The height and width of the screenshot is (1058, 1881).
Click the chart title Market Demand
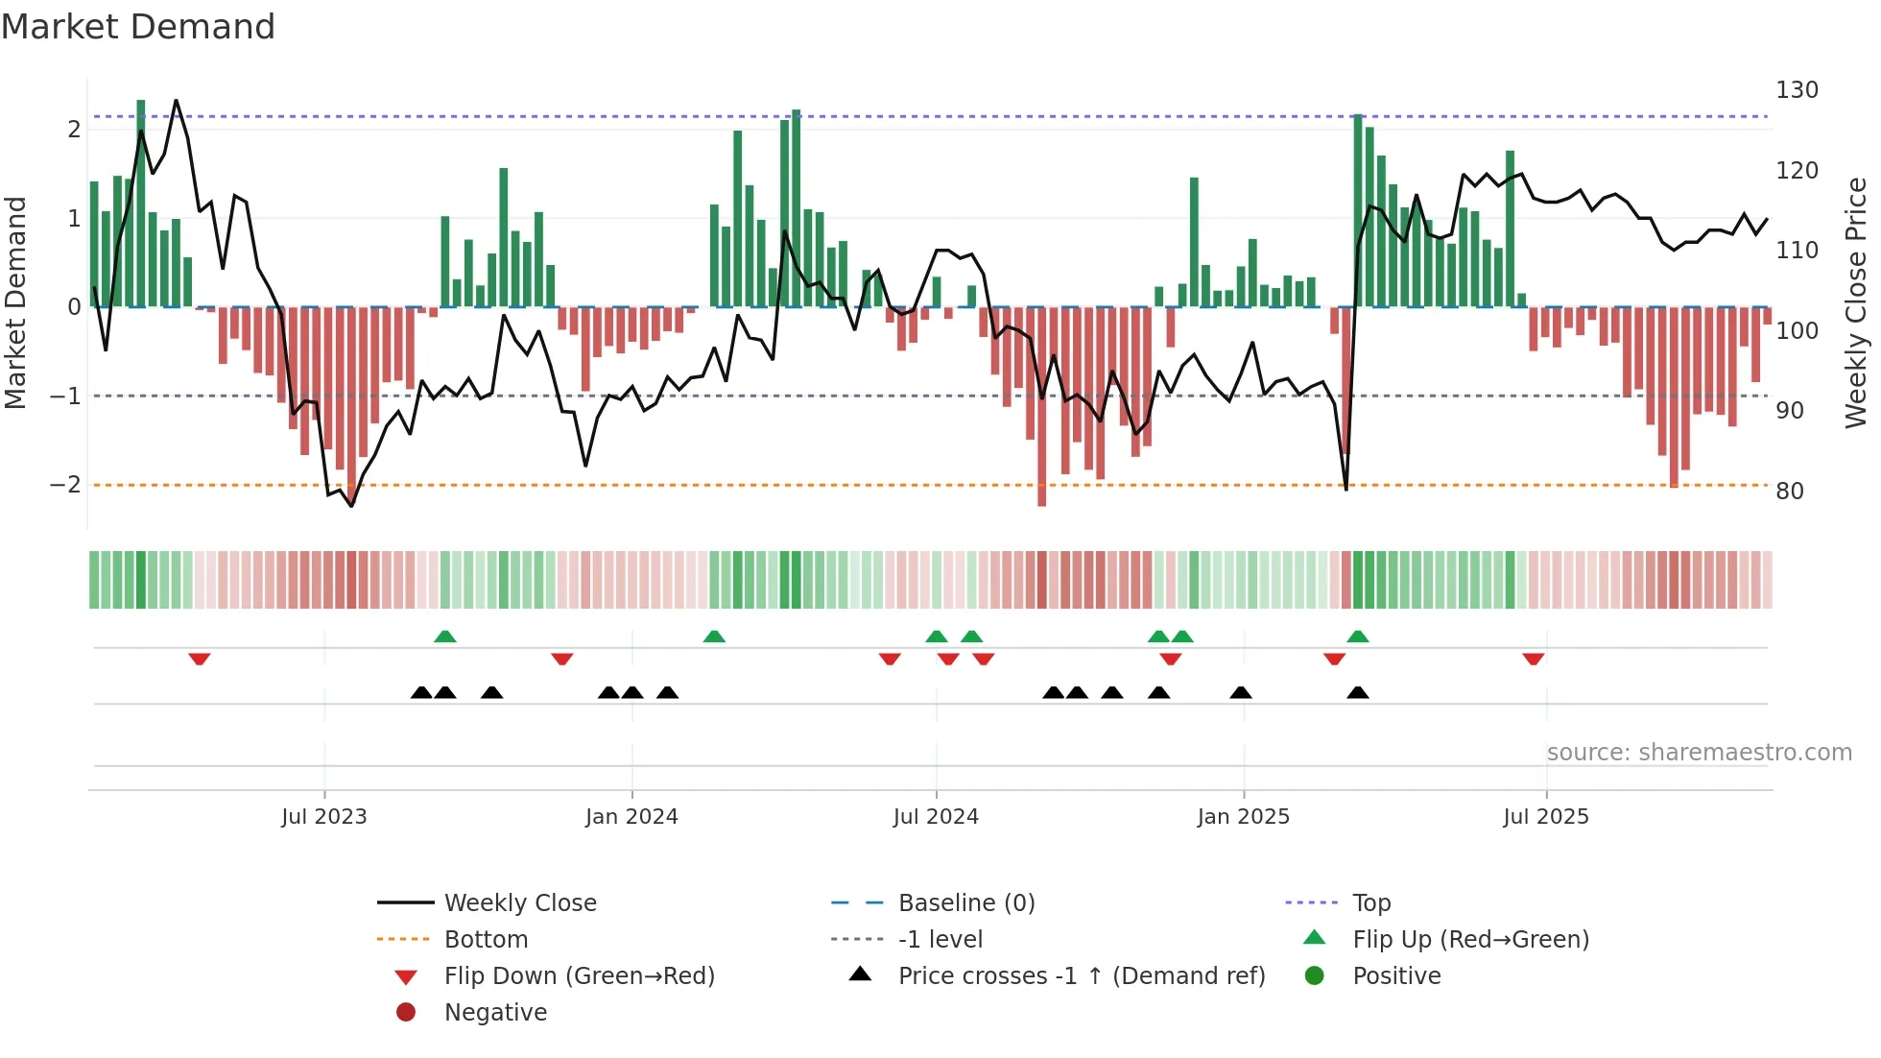point(138,27)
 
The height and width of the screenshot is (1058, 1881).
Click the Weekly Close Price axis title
point(1856,302)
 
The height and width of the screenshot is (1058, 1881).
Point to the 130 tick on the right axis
point(1797,90)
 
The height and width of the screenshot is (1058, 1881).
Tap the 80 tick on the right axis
point(1789,492)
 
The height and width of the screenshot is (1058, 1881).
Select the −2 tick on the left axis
point(65,485)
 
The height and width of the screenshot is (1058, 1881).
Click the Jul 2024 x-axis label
point(936,817)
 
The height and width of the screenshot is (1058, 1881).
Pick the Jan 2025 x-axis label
point(1243,817)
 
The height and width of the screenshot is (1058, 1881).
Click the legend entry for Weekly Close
point(519,903)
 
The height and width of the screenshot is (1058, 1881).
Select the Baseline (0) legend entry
point(965,903)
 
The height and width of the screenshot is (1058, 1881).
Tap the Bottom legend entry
point(486,940)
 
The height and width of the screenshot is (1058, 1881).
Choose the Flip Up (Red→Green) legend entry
point(1470,940)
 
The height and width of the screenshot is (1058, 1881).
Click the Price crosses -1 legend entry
point(1081,976)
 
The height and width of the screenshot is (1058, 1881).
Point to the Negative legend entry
point(495,1013)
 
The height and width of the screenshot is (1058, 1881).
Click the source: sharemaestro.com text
point(1699,753)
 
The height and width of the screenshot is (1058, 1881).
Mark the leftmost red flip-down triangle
point(200,659)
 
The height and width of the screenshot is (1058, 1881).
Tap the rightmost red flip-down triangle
point(1533,659)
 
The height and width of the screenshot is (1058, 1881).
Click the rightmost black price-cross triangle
point(1357,692)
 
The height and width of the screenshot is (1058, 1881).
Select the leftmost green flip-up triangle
point(444,637)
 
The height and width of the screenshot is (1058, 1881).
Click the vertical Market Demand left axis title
point(16,302)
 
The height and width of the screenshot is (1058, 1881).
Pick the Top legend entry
point(1370,903)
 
